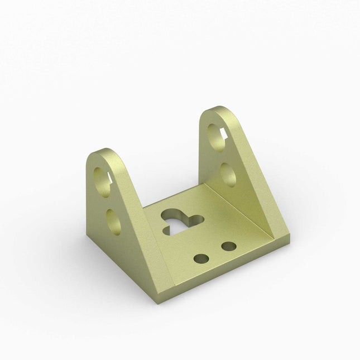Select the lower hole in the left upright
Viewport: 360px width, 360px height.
tap(113, 220)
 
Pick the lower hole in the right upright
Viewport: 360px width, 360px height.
tap(228, 174)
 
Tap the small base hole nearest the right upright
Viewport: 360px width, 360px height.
tap(228, 246)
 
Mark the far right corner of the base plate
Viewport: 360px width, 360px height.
tap(290, 240)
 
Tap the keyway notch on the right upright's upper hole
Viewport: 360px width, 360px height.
tap(225, 132)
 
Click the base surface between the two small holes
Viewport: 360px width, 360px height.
tap(215, 252)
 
